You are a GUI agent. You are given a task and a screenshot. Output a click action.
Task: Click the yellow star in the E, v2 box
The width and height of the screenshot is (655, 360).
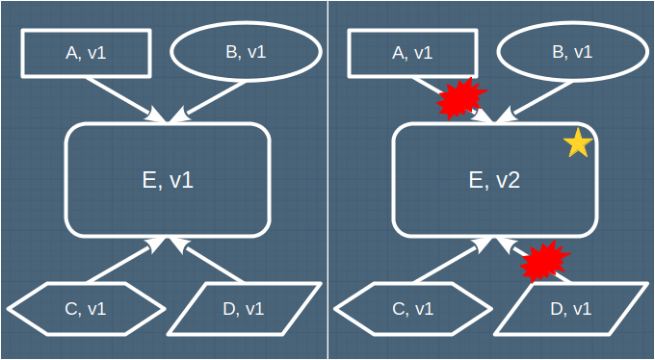[x=578, y=142]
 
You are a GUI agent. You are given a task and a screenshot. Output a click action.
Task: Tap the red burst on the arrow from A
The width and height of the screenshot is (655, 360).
[x=462, y=98]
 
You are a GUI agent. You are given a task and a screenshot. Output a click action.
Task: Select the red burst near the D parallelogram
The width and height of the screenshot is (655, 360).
[x=545, y=261]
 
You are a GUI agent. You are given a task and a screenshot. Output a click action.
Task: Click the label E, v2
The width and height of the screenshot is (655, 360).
[x=494, y=181]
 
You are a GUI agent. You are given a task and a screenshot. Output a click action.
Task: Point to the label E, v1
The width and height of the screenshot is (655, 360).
[x=168, y=181]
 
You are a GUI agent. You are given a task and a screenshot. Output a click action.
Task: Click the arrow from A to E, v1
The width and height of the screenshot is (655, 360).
[x=126, y=100]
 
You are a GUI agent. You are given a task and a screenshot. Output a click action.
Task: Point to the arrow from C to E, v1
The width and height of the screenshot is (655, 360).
[x=126, y=260]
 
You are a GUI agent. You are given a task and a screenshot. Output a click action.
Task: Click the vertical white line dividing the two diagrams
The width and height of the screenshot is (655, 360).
[x=327, y=180]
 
